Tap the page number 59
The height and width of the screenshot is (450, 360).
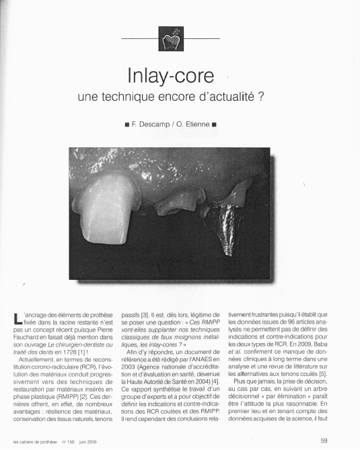pyautogui.click(x=325, y=441)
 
